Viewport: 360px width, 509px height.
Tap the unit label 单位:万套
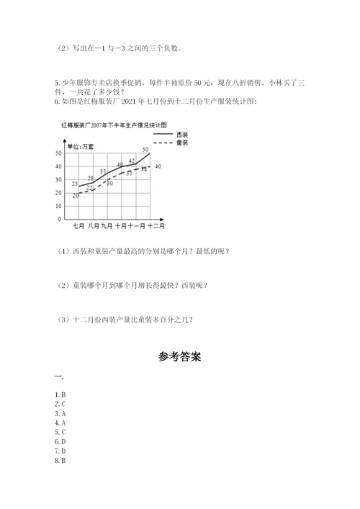coord(79,147)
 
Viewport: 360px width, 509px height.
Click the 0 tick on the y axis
coord(59,219)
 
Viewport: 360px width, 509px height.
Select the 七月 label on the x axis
coord(78,227)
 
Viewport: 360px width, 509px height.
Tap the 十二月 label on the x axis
coord(156,227)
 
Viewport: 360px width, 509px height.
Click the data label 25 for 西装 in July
coord(75,184)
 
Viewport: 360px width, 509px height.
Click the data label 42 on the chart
coord(132,161)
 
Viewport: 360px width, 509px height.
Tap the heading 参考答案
coord(179,356)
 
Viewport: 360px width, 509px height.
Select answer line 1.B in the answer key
coord(60,395)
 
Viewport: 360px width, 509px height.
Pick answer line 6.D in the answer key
coord(60,441)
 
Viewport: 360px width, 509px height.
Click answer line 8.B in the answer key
coord(60,460)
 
